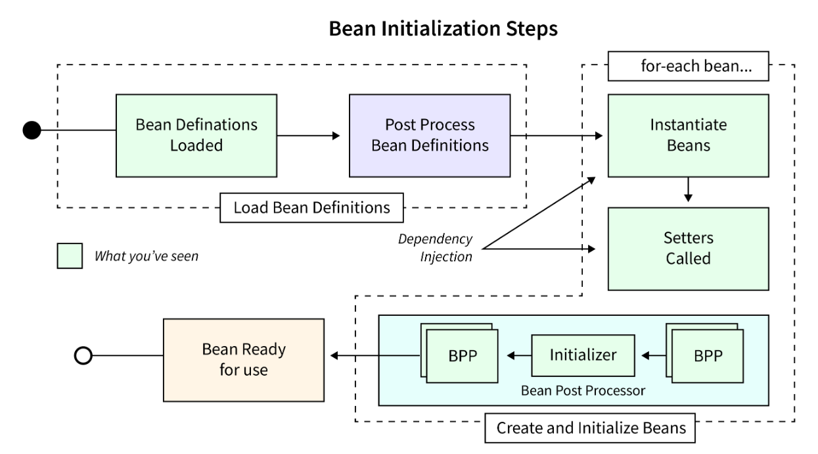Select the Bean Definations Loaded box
[196, 136]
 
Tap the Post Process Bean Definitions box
[430, 136]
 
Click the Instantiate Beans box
[688, 136]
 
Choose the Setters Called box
[688, 248]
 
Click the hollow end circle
[83, 356]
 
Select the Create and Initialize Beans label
[591, 428]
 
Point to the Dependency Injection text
[435, 247]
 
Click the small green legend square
[70, 256]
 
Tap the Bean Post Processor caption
[583, 390]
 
